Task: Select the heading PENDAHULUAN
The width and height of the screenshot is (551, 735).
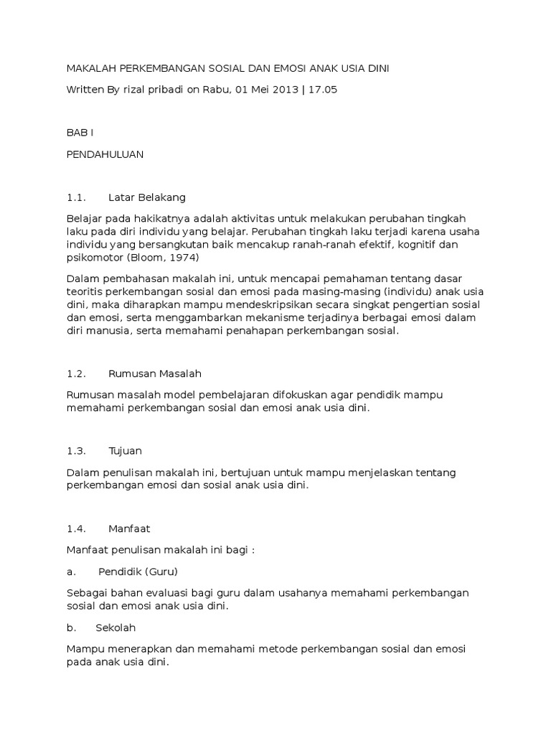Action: click(105, 154)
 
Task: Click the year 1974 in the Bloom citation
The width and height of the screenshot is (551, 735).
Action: click(184, 258)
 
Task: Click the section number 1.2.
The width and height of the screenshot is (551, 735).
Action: click(76, 374)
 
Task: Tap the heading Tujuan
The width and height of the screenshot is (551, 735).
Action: click(125, 451)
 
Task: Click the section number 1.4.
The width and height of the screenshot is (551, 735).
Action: click(76, 528)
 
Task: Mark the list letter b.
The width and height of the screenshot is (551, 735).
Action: click(70, 627)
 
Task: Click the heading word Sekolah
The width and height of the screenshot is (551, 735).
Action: click(116, 627)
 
